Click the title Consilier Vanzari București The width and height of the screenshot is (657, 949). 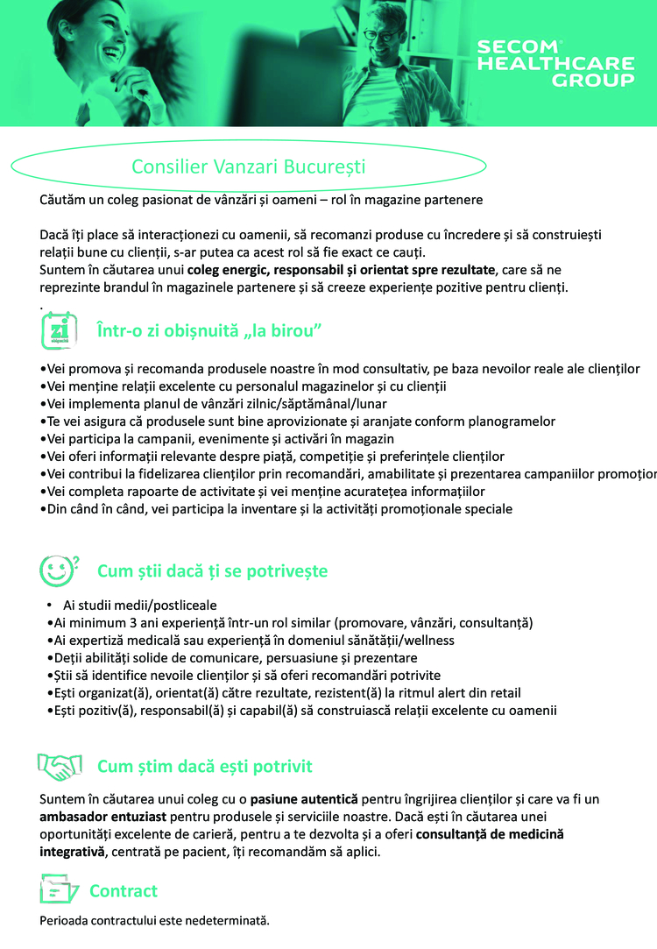tap(248, 166)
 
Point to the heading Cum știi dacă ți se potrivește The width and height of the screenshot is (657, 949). tap(212, 571)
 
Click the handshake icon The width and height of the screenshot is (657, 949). tap(60, 767)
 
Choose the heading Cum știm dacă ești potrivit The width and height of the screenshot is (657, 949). tap(204, 767)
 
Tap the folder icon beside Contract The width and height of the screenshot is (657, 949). tap(60, 890)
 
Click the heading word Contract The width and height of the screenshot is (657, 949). tap(124, 891)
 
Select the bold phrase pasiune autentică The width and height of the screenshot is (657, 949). tap(304, 799)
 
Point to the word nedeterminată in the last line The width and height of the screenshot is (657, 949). tap(229, 921)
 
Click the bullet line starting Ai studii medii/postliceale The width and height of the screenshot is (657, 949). tap(140, 606)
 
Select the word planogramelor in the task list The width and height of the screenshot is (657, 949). tap(512, 421)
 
